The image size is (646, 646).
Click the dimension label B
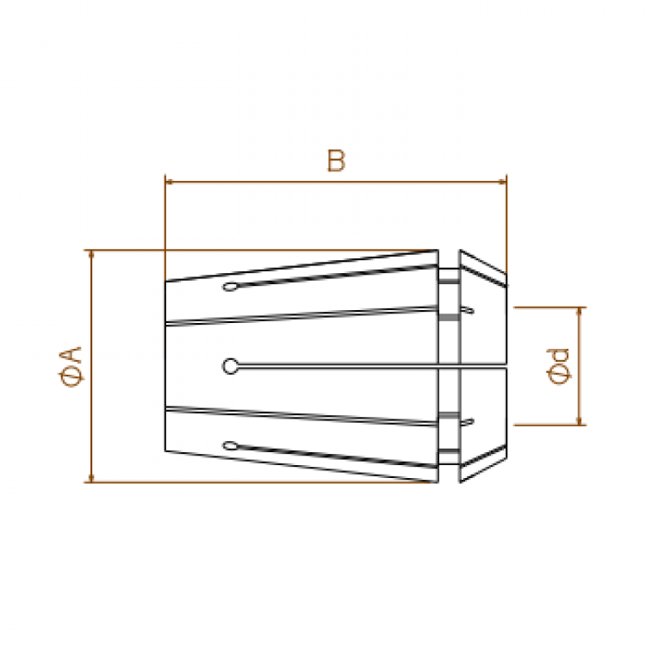[x=336, y=161]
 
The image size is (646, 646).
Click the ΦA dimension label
[x=71, y=367]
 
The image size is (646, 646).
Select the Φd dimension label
[x=558, y=366]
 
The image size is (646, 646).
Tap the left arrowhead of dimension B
[x=168, y=181]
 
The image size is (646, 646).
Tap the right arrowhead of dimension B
[x=503, y=181]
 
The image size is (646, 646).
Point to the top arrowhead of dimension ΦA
[x=91, y=254]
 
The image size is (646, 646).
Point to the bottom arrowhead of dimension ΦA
[x=91, y=478]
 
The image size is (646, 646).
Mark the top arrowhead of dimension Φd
[x=580, y=311]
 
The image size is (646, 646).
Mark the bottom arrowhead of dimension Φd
[x=580, y=421]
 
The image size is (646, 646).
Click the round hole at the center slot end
[x=230, y=366]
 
